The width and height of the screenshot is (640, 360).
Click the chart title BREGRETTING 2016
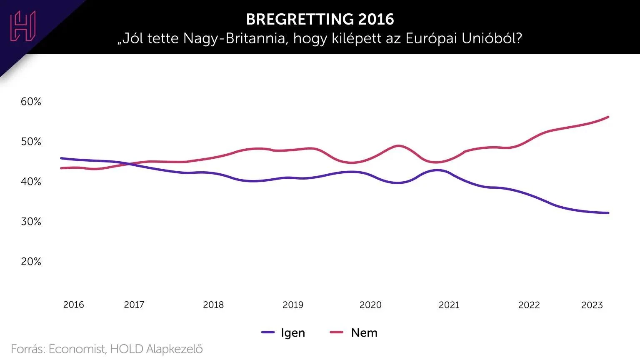tap(320, 19)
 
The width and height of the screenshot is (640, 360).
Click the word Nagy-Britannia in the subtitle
tap(235, 39)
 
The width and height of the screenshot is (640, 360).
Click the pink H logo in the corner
tap(23, 26)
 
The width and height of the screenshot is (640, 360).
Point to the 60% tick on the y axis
tap(31, 102)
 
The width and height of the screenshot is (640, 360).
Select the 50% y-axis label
tap(31, 142)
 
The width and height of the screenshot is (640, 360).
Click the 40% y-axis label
tap(31, 182)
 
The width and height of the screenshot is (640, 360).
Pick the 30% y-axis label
tap(31, 222)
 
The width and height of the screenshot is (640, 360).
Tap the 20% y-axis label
tap(31, 262)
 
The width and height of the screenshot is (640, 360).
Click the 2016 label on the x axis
tap(73, 305)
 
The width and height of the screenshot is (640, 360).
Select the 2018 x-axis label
tap(213, 305)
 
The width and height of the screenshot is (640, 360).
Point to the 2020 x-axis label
tap(370, 305)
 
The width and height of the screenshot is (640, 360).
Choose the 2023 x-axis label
tap(592, 305)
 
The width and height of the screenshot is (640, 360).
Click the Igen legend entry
tap(283, 332)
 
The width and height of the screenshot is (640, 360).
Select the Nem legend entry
tap(354, 332)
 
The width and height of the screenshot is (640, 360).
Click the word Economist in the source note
tap(77, 349)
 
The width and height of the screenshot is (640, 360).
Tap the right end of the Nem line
tap(608, 117)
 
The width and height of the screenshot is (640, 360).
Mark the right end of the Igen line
tap(608, 213)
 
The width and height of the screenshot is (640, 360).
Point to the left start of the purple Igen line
tap(61, 158)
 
